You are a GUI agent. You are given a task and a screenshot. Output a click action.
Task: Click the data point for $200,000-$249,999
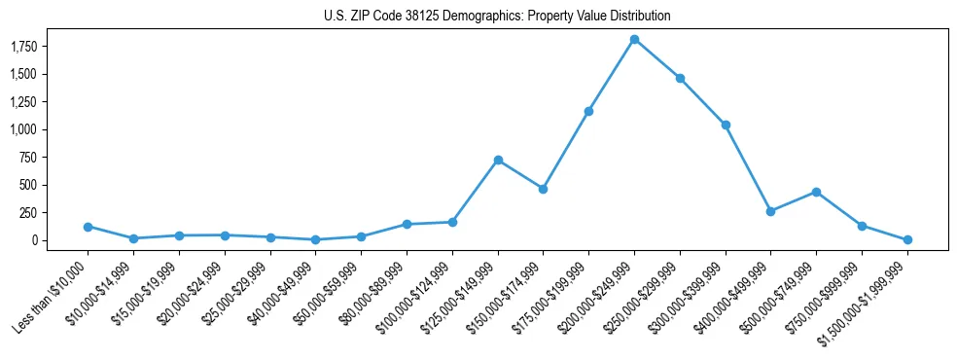(634, 39)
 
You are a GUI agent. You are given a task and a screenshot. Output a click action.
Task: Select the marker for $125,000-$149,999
(498, 160)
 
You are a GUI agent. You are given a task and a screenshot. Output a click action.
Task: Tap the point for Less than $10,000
(88, 227)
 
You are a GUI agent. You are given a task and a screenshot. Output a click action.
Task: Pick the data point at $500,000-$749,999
(816, 192)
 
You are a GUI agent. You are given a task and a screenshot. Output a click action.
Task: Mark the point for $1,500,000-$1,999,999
(907, 239)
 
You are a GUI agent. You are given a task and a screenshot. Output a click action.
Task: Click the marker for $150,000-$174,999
(543, 189)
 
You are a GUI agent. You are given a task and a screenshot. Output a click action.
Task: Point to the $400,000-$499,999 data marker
(770, 211)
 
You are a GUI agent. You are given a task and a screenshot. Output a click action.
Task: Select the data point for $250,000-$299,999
(680, 78)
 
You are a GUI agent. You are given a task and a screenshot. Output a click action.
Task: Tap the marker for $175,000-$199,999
(588, 111)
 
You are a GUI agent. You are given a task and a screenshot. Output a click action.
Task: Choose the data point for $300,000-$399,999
(726, 125)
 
